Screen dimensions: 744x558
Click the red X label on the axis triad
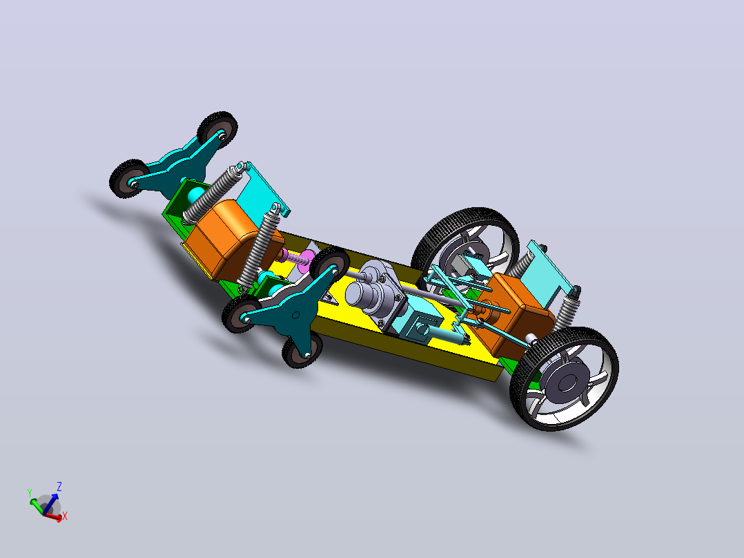[x=65, y=516]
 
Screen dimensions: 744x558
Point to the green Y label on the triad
[x=30, y=493]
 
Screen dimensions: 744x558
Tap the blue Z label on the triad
[x=59, y=486]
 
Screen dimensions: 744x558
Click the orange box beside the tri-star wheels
[x=224, y=238]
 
